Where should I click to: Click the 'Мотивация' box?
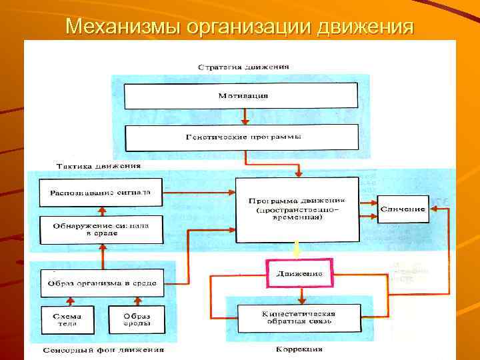pyautogui.click(x=243, y=96)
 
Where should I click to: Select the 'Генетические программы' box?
pyautogui.click(x=243, y=137)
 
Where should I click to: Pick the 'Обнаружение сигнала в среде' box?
pyautogui.click(x=100, y=229)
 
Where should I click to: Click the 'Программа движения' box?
pyautogui.click(x=297, y=208)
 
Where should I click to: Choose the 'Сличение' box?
pyautogui.click(x=403, y=209)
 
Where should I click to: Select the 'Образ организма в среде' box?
pyautogui.click(x=101, y=283)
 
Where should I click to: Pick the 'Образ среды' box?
pyautogui.click(x=136, y=319)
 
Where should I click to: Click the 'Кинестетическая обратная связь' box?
pyautogui.click(x=297, y=317)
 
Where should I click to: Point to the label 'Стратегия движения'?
pyautogui.click(x=243, y=67)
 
